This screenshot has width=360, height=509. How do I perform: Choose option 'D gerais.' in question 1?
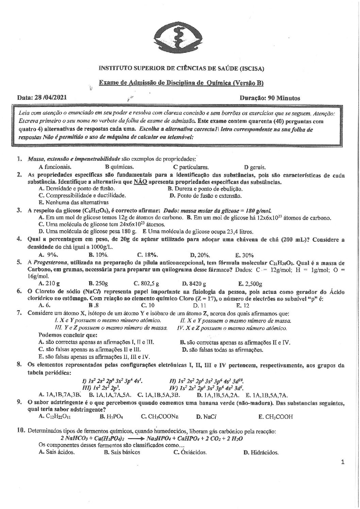255,167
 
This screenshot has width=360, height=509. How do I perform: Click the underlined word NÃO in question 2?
140,182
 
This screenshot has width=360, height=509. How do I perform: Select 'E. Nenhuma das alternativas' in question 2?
74,202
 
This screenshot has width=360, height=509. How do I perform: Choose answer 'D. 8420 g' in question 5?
194,283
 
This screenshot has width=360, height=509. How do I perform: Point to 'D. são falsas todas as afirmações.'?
223,349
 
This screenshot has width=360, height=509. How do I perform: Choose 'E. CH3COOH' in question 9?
276,416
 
